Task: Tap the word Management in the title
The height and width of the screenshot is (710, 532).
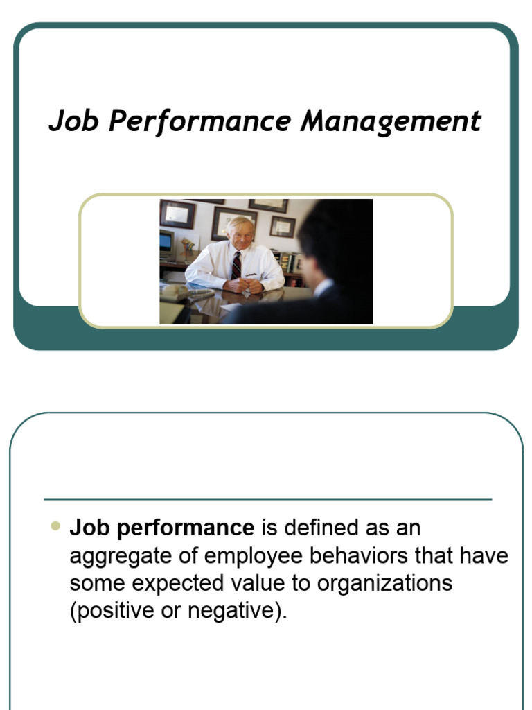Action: (x=391, y=121)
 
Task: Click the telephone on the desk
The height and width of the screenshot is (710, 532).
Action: (x=175, y=292)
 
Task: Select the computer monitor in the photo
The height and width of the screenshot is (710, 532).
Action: (x=167, y=244)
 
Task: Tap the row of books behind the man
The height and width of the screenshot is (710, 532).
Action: (x=286, y=261)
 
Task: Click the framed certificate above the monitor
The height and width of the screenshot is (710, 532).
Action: (x=177, y=214)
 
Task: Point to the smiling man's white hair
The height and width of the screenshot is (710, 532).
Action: (x=240, y=223)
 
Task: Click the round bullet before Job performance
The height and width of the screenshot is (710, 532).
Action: (x=55, y=527)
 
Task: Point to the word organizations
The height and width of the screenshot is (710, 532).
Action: (x=384, y=584)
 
